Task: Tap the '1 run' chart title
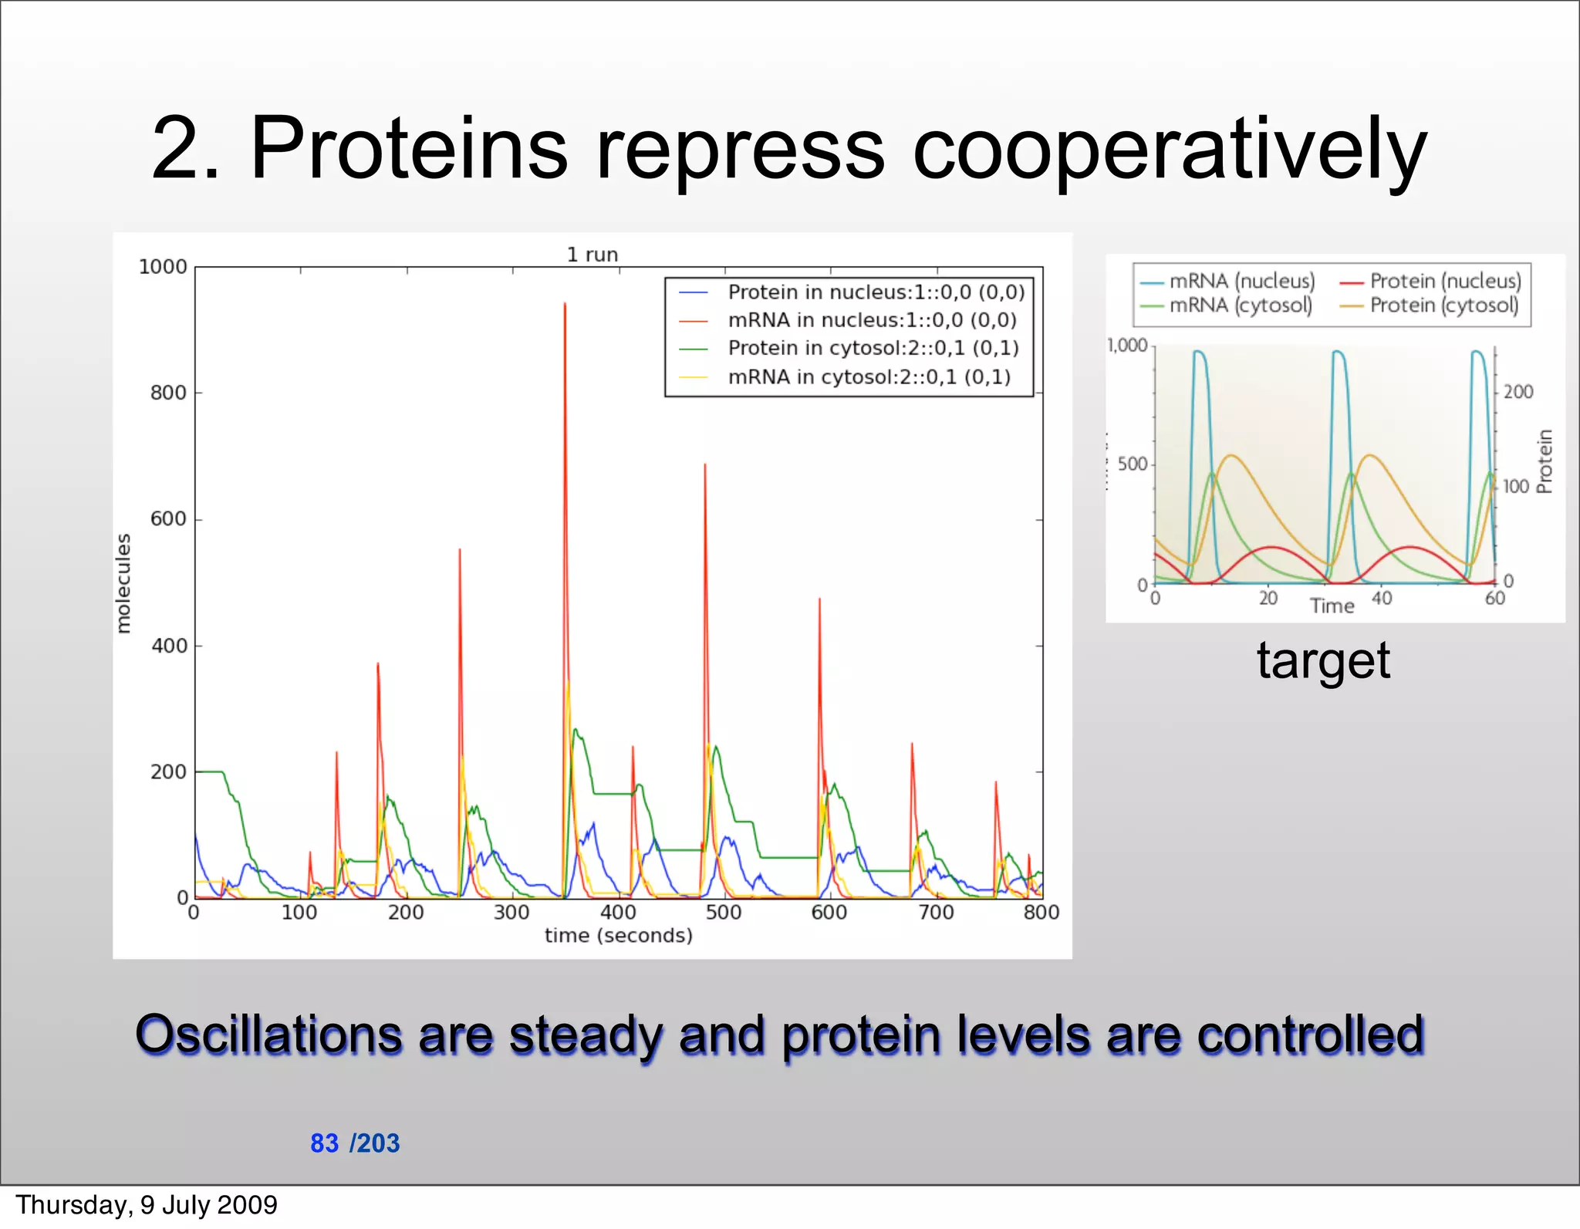pyautogui.click(x=592, y=255)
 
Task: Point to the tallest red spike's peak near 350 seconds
pyautogui.click(x=565, y=305)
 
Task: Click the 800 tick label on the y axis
pyautogui.click(x=168, y=393)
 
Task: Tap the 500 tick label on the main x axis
pyautogui.click(x=723, y=913)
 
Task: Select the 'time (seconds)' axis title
pyautogui.click(x=618, y=936)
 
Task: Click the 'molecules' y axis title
pyautogui.click(x=123, y=583)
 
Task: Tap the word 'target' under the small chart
pyautogui.click(x=1323, y=661)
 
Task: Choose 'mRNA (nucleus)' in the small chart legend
pyautogui.click(x=1241, y=282)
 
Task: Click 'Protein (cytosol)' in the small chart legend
pyautogui.click(x=1443, y=306)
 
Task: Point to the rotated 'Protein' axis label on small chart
pyautogui.click(x=1544, y=461)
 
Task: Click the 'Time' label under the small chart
pyautogui.click(x=1332, y=606)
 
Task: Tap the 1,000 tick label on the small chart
pyautogui.click(x=1127, y=346)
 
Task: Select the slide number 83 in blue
pyautogui.click(x=324, y=1143)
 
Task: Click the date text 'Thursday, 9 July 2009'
pyautogui.click(x=147, y=1205)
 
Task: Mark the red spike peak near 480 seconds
pyautogui.click(x=704, y=465)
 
